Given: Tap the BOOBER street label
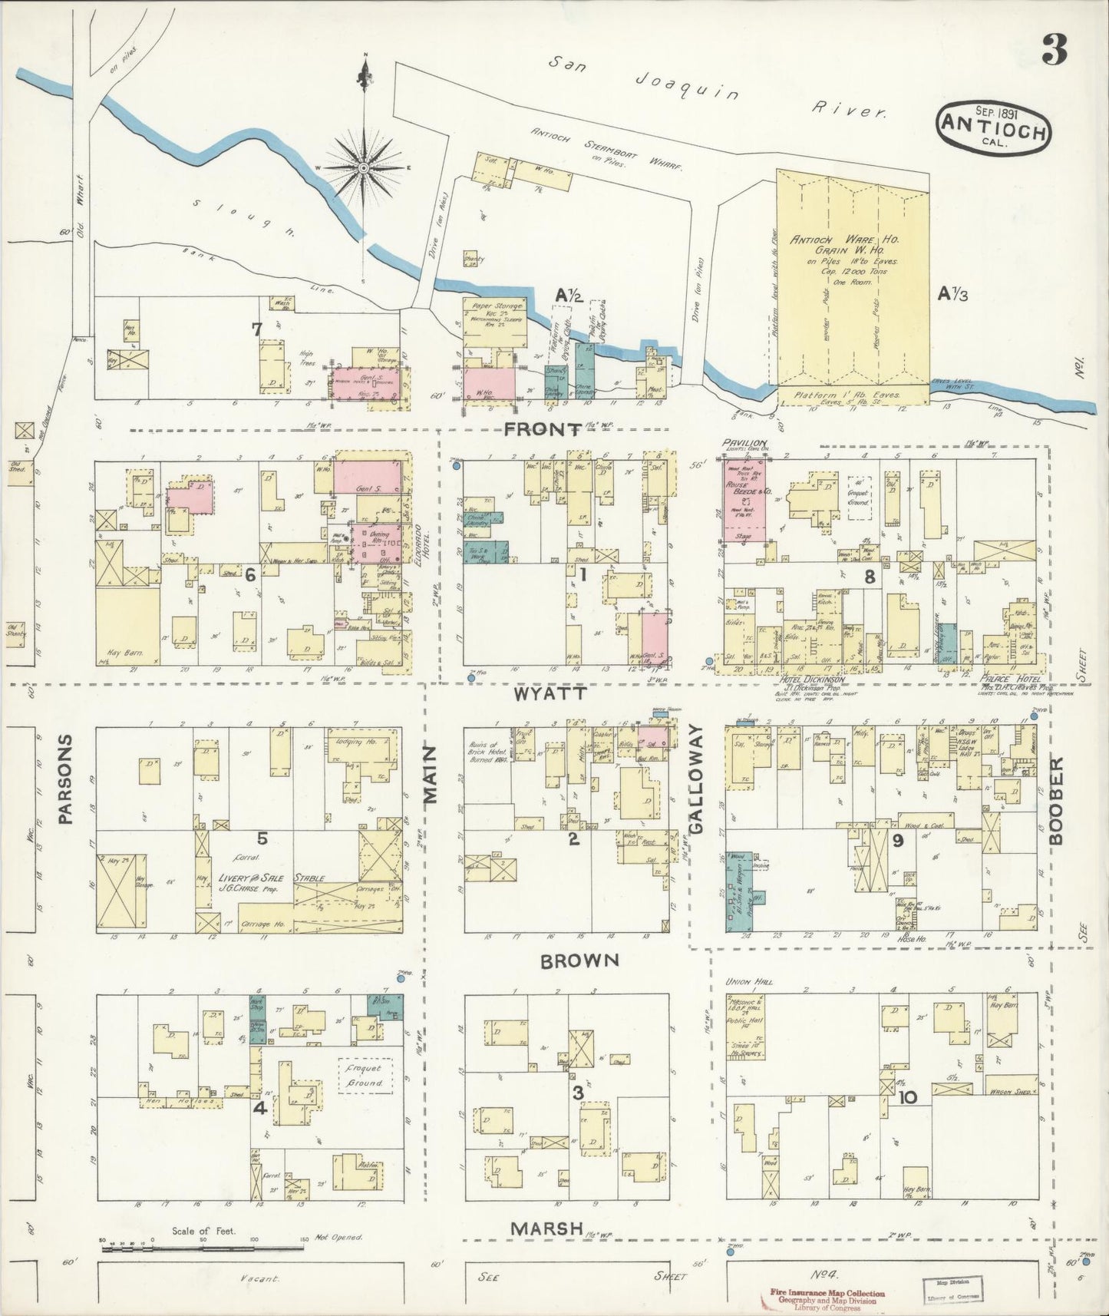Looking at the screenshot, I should coord(1057,802).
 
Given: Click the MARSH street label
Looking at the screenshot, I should coord(548,1228).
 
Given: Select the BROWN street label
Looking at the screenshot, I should coord(579,961).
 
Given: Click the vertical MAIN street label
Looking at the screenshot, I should coord(431,775).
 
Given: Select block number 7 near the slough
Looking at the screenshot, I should coord(257,329).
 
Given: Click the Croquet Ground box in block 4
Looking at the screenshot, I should coord(365,1075).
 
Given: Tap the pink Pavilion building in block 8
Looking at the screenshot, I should coord(744,500).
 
